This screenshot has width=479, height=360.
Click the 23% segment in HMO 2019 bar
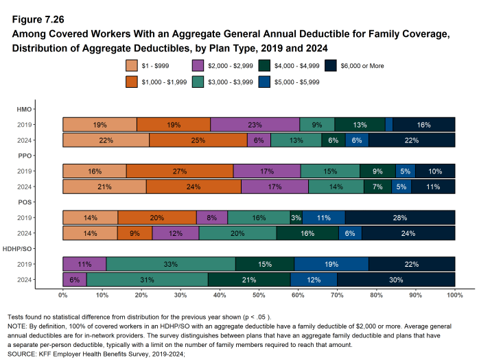pyautogui.click(x=255, y=124)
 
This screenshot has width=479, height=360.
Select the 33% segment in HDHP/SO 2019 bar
pyautogui.click(x=171, y=264)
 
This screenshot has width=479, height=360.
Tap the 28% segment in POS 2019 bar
pyautogui.click(x=400, y=217)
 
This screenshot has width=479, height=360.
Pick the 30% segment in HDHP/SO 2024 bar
pyautogui.click(x=396, y=280)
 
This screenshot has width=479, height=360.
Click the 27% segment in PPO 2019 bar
pyautogui.click(x=180, y=171)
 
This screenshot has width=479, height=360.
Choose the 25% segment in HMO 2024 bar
pyautogui.click(x=198, y=140)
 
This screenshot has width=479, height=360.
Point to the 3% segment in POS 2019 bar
pyautogui.click(x=296, y=217)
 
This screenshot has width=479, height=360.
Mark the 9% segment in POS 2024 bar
pyautogui.click(x=135, y=233)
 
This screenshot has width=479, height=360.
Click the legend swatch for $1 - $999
pyautogui.click(x=132, y=66)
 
